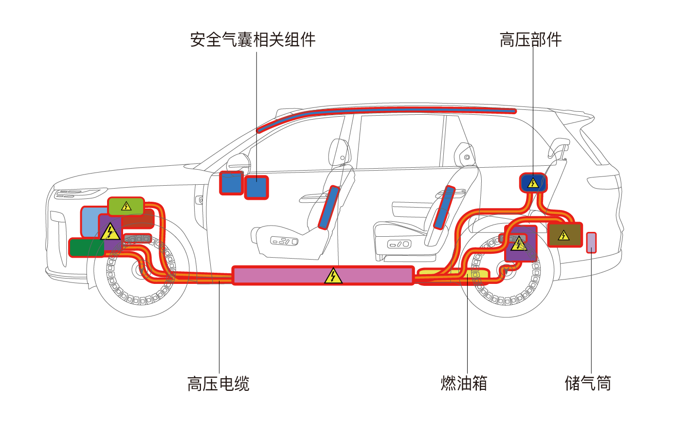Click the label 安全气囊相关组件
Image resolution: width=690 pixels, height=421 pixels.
[253, 40]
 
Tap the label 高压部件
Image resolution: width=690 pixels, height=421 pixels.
[531, 40]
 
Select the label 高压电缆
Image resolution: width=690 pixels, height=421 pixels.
[218, 384]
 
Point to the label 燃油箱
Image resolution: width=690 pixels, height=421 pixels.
[464, 384]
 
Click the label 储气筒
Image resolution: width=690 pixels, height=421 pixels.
[588, 384]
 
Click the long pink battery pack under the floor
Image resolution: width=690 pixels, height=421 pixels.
[323, 276]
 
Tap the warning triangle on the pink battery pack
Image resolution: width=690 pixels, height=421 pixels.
[333, 276]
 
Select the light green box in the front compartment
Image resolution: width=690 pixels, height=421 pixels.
[126, 206]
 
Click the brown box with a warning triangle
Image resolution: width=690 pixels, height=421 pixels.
[565, 234]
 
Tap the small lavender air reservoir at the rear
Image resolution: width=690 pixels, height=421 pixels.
[591, 243]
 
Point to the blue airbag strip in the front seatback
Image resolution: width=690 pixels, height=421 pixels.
[329, 208]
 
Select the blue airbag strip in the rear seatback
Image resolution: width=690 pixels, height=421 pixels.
[444, 208]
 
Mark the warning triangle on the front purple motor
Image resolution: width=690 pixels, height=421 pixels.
[110, 231]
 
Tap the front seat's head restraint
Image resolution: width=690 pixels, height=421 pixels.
[340, 153]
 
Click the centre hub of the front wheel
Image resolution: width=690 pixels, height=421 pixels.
[142, 270]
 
